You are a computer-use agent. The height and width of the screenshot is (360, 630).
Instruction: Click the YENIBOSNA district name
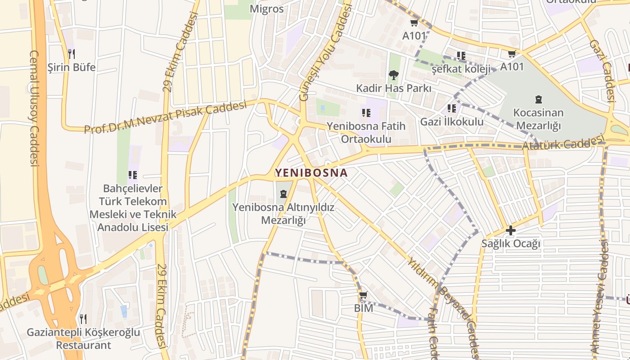pos(311,173)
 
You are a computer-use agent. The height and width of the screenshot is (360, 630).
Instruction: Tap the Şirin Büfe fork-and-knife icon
pos(71,54)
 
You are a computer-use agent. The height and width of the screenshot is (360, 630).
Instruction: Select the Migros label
pos(267,9)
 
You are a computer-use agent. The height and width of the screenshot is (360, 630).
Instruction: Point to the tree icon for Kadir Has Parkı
pos(393,75)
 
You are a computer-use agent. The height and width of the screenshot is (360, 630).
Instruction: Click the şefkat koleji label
pos(460,69)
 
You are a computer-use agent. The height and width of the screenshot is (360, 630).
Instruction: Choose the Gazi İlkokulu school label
pos(452,121)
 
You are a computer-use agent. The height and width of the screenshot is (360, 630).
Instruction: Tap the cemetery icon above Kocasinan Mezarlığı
pos(538,99)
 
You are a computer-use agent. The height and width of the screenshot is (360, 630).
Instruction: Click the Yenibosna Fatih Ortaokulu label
pos(366,132)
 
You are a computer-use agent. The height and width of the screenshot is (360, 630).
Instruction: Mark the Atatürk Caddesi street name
pos(562,144)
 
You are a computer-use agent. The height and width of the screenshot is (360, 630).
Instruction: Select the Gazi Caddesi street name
pos(602,71)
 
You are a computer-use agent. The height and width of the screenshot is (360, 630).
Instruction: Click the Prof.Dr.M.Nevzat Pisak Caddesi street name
pos(166,117)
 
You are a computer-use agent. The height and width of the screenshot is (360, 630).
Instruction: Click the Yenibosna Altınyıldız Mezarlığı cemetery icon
pos(283,194)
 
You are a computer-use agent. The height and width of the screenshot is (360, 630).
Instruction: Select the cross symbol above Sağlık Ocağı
pos(510,230)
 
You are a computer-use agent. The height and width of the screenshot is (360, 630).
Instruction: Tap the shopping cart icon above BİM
pos(363,296)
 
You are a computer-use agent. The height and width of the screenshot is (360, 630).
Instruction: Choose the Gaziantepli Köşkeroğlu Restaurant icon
pos(83,319)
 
